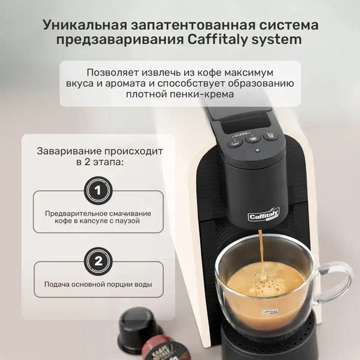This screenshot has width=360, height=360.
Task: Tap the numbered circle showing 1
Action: [98, 190]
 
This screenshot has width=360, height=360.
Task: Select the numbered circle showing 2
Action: [98, 261]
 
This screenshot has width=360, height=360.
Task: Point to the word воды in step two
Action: [143, 284]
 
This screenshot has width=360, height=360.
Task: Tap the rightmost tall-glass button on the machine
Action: [270, 136]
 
